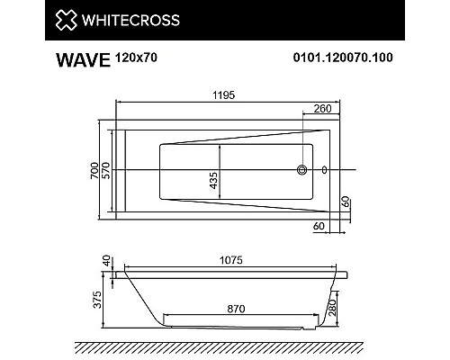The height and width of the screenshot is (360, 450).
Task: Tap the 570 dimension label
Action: (107, 168)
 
